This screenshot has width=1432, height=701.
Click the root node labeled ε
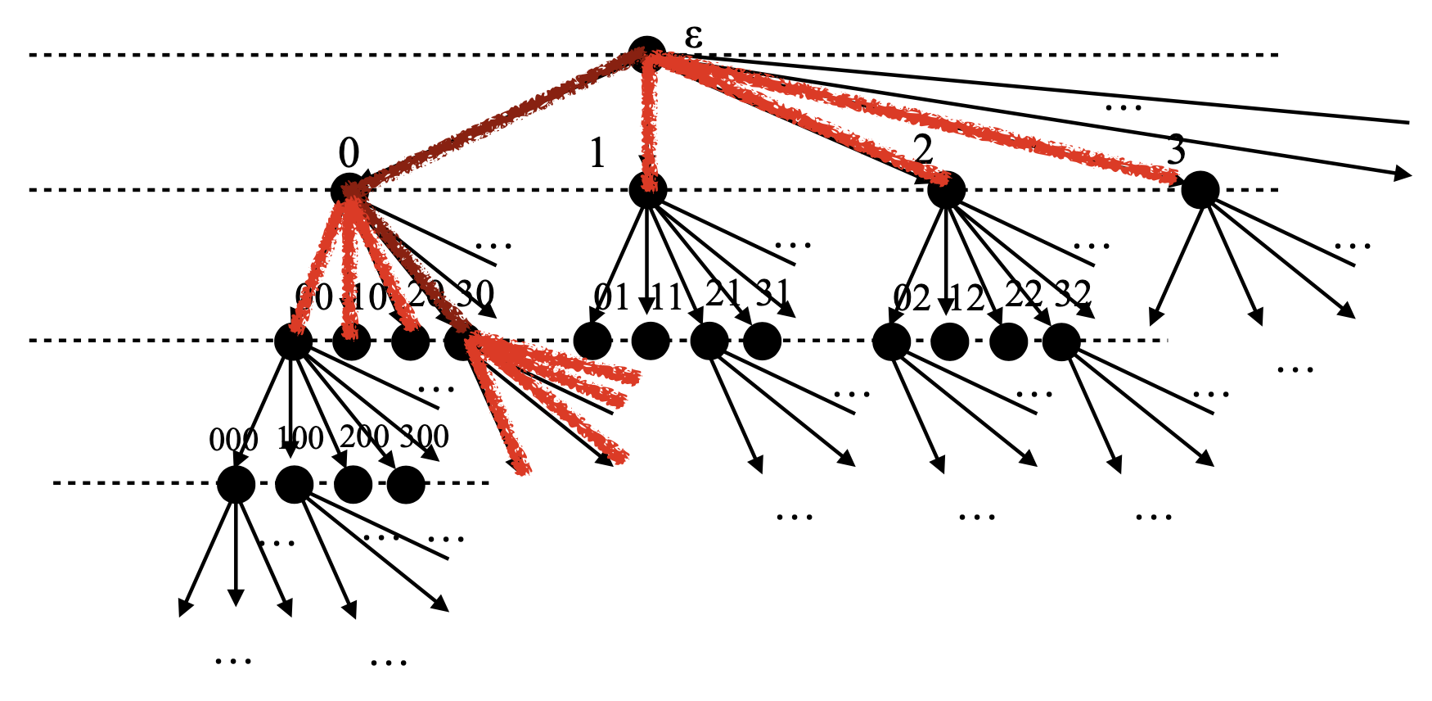(646, 54)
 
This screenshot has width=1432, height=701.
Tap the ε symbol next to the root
(694, 36)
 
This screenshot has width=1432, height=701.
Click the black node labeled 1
(648, 190)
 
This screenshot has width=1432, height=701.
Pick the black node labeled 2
(947, 190)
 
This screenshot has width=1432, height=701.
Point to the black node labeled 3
(1200, 190)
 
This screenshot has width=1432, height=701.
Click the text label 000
(233, 441)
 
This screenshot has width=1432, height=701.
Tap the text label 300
(424, 436)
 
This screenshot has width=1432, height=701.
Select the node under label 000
(236, 484)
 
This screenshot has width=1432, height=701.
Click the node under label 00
(293, 341)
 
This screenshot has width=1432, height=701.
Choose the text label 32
(1072, 293)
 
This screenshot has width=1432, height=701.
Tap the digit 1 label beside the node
(597, 153)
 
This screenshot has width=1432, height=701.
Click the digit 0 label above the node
(349, 153)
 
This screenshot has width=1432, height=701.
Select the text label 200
(364, 436)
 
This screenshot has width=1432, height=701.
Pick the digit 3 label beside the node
(1176, 151)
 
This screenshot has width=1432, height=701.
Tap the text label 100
(300, 439)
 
